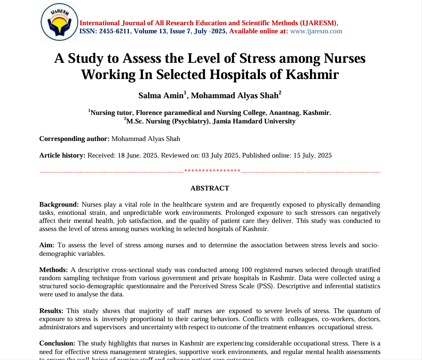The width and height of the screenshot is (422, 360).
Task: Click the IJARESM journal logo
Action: (x=59, y=22)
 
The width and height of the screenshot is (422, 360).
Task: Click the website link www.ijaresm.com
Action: (x=316, y=31)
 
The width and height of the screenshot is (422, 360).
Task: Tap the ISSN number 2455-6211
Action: (x=115, y=31)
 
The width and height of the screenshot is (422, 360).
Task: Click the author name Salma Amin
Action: (x=161, y=95)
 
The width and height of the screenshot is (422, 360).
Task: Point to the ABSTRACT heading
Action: (x=210, y=188)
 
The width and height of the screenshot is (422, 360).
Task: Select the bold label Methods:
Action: (x=53, y=270)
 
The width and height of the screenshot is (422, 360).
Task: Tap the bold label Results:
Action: (x=51, y=310)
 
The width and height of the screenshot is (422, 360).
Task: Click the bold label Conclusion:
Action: (x=57, y=343)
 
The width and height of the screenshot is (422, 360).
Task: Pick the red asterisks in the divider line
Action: (x=212, y=171)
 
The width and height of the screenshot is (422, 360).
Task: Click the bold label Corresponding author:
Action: (x=74, y=138)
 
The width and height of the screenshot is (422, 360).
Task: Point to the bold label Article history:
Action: (x=62, y=155)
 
